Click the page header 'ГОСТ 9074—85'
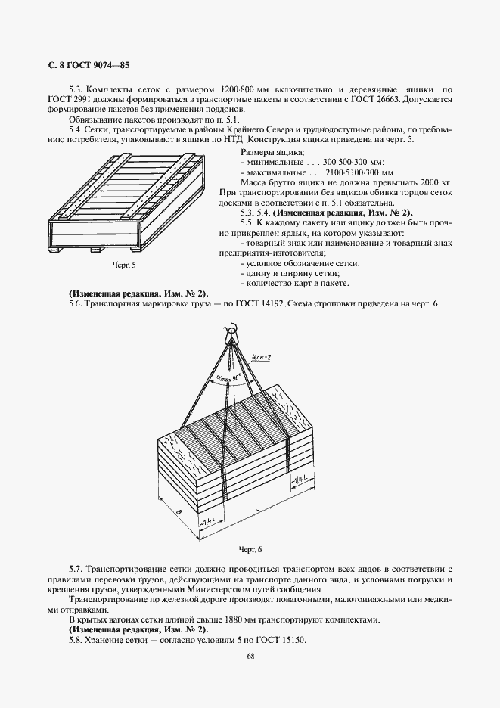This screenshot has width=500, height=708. pos(92,65)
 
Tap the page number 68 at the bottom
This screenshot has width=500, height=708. pos(250,656)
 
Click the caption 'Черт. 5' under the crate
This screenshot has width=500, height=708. pos(123,265)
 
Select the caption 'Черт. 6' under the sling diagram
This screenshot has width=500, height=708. pos(250,548)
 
